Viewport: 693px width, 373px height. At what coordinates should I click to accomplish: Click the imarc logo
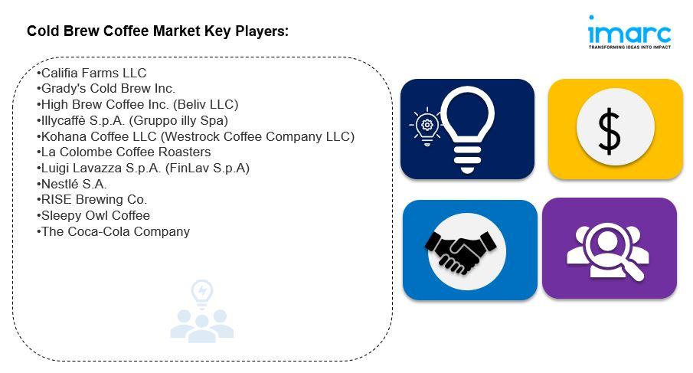click(629, 32)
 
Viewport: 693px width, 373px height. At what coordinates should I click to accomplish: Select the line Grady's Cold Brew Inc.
click(106, 89)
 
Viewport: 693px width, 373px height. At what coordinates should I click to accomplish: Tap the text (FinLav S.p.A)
click(208, 169)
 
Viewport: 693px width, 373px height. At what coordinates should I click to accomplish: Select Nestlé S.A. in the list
click(72, 184)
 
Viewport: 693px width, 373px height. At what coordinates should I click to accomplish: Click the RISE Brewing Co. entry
click(92, 200)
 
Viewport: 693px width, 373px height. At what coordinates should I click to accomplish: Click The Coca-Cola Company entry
click(113, 231)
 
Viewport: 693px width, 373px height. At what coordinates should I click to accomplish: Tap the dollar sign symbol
click(610, 132)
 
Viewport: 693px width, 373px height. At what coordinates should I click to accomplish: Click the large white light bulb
click(468, 129)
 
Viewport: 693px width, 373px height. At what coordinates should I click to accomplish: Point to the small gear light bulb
click(426, 126)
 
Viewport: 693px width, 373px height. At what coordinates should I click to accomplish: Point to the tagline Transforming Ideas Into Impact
click(629, 47)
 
